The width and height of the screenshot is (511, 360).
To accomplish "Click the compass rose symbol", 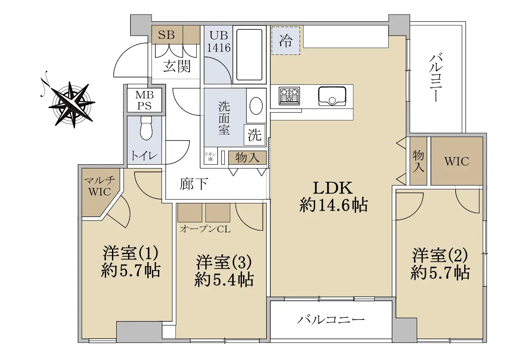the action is click(x=72, y=104).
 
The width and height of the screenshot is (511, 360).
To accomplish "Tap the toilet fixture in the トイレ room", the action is click(x=146, y=128).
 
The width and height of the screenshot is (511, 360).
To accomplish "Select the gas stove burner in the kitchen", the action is click(x=289, y=96).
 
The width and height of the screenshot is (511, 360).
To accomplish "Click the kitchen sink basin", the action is click(x=332, y=96).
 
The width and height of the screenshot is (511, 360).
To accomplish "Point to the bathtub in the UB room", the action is click(x=249, y=54).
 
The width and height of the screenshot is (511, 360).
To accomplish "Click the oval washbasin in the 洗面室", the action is click(x=256, y=106).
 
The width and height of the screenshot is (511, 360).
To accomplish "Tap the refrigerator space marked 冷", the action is click(x=286, y=40).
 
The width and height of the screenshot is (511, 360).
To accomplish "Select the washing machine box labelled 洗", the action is click(x=255, y=135).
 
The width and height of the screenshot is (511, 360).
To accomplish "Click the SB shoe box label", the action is click(x=167, y=35).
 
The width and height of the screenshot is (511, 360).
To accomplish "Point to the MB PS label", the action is click(x=144, y=100).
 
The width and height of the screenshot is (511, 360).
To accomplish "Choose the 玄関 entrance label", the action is click(x=177, y=66).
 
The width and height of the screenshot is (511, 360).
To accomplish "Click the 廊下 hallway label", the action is click(x=194, y=184).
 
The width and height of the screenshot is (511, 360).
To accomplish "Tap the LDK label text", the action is click(x=333, y=189).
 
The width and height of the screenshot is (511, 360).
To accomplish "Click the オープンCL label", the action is click(x=205, y=229).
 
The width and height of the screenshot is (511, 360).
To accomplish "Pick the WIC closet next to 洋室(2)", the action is click(x=456, y=161).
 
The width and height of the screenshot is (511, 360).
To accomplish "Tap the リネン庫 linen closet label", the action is click(x=210, y=157).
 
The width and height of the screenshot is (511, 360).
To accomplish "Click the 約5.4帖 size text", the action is click(x=224, y=280).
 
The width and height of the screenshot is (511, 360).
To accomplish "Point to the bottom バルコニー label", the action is click(x=331, y=320).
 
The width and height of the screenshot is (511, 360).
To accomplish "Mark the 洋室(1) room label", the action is click(x=130, y=253).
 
